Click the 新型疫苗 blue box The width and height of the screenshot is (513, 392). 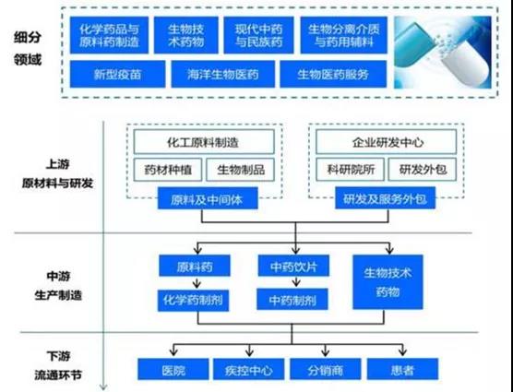point(117,74)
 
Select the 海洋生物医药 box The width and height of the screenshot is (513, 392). point(222,74)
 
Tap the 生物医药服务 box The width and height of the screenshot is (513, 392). point(333,74)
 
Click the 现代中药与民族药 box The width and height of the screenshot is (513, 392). point(258,35)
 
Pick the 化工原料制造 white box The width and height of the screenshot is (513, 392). point(204,142)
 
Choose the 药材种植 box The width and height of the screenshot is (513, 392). point(168,170)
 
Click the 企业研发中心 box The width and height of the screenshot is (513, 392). point(386,142)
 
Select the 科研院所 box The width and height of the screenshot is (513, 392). point(350,170)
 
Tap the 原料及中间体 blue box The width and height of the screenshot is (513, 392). point(208,198)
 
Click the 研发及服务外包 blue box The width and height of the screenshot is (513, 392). point(386,198)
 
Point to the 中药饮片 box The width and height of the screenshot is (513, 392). point(293,266)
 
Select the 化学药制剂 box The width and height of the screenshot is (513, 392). point(194,301)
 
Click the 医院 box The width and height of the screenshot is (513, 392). point(173,369)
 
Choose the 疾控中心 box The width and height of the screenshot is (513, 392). point(248,369)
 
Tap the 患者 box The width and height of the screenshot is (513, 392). point(402,369)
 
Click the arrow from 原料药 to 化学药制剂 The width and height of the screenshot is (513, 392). point(197,283)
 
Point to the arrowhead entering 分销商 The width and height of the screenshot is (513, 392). point(325,351)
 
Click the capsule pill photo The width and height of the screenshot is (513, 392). point(443,53)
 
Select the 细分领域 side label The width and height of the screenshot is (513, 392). point(28,49)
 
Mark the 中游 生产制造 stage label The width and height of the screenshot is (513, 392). point(58,286)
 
